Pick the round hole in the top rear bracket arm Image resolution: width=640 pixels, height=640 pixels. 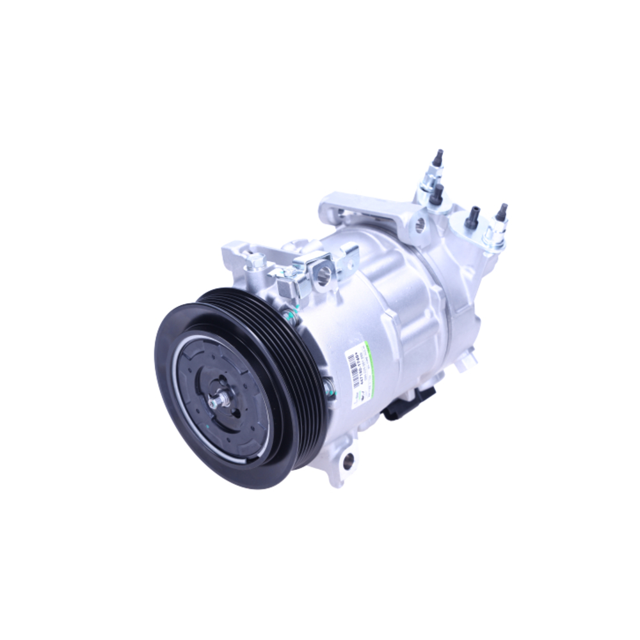420,224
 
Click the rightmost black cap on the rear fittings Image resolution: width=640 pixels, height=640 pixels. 501,213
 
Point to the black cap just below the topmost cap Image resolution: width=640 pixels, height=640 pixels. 437,194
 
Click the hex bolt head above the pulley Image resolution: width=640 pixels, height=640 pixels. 255,260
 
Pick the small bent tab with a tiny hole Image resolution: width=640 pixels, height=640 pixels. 351,254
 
